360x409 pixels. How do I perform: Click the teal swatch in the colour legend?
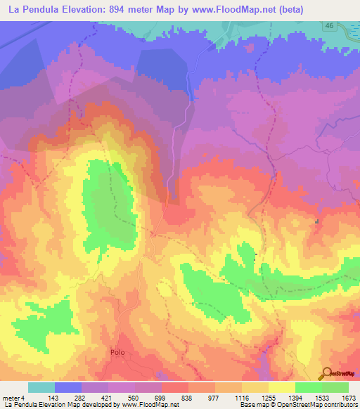tap(41, 387)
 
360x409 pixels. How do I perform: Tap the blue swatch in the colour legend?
tap(68, 387)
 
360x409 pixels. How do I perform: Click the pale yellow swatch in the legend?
tap(282, 387)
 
